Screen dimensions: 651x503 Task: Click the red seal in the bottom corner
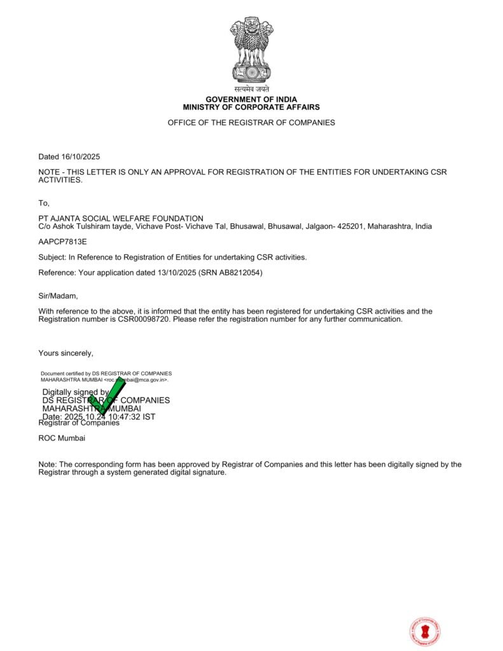point(425,632)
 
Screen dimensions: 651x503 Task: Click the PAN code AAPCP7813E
point(62,242)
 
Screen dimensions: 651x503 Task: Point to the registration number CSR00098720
point(144,319)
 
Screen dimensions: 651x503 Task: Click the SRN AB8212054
point(241,273)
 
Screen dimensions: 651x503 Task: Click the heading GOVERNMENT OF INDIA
point(251,100)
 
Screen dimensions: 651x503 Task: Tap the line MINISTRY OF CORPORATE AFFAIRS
point(251,107)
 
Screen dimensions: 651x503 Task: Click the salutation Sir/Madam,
point(58,296)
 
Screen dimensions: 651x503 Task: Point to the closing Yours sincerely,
point(65,353)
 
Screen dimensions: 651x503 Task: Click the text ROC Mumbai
point(62,438)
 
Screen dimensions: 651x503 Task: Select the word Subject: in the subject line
point(52,257)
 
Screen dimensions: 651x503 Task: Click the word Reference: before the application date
point(57,273)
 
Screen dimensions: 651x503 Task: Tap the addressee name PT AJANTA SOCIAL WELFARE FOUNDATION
point(121,219)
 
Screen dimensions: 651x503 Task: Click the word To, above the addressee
point(44,203)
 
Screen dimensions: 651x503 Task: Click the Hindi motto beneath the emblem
point(251,90)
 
